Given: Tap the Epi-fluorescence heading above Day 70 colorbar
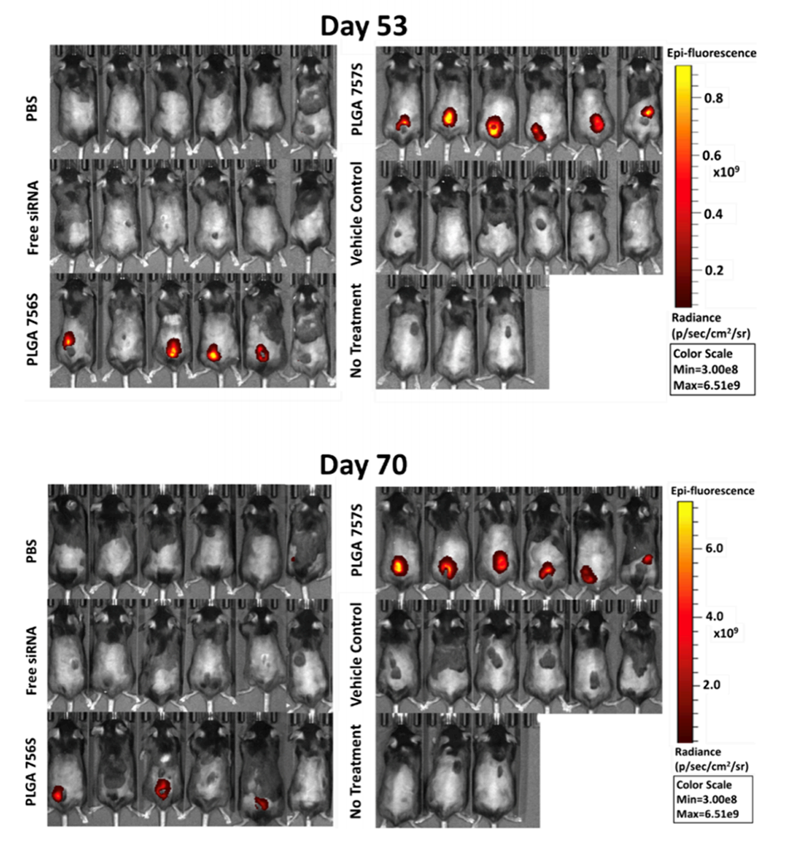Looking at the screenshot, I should tap(711, 491).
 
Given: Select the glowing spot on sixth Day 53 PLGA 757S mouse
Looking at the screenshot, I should tap(647, 111).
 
